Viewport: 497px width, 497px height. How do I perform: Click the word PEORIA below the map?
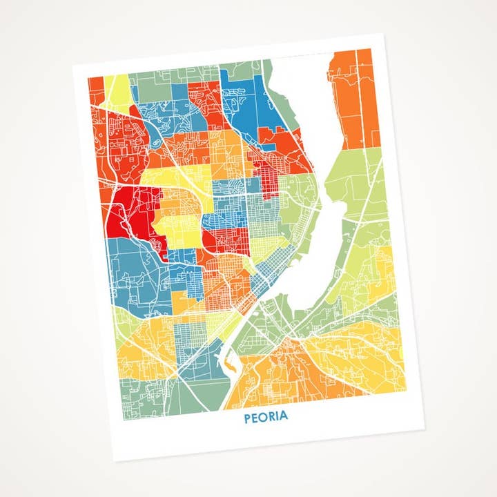(266, 417)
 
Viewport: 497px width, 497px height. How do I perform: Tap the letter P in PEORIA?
(247, 418)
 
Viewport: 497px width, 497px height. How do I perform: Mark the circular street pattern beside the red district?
(158, 245)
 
